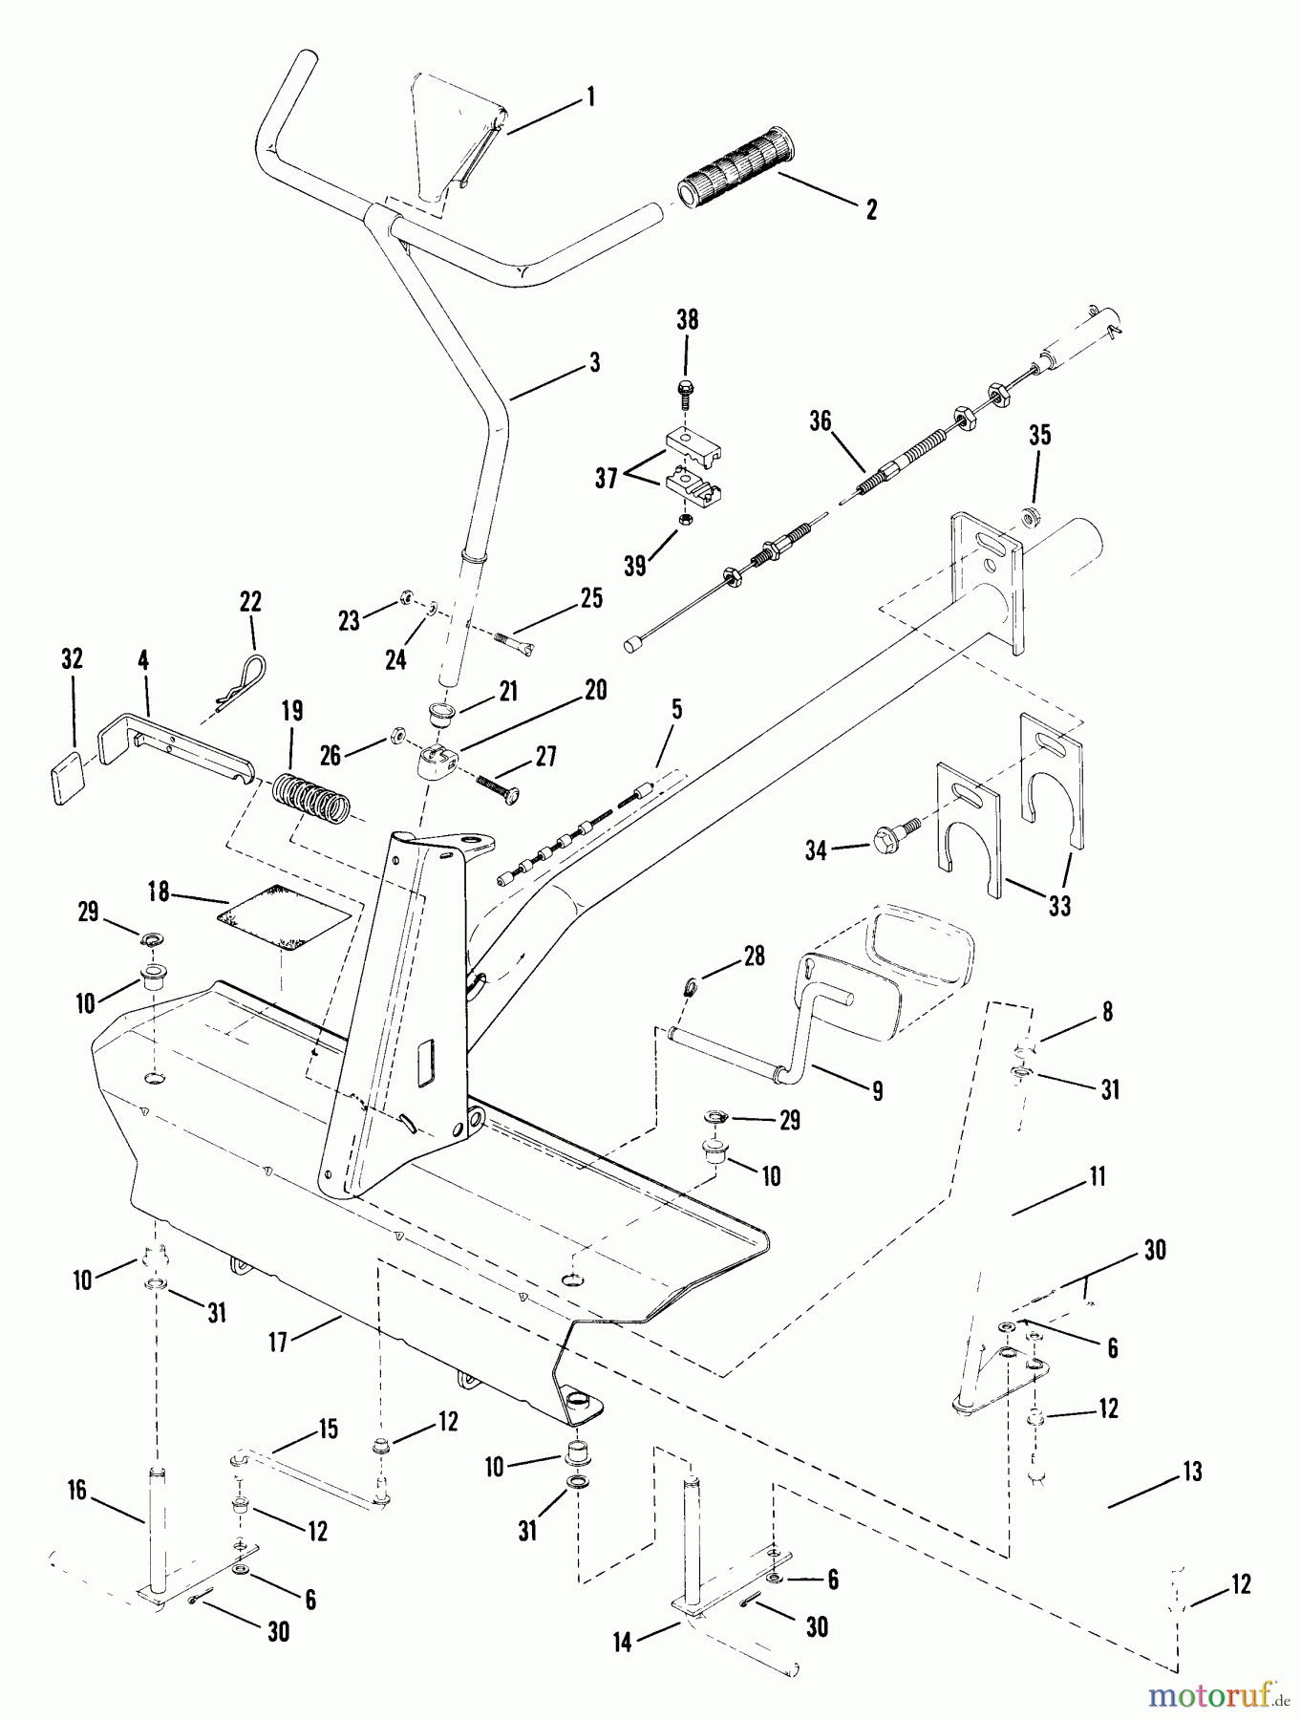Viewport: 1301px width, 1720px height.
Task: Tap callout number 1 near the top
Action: [590, 97]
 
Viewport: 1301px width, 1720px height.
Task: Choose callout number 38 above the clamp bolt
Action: [687, 320]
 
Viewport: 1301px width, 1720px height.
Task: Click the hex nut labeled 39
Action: [685, 519]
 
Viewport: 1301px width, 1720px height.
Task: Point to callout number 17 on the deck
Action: [278, 1343]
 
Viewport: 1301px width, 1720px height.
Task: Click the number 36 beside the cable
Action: [820, 421]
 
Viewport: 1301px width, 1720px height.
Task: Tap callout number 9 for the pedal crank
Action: [876, 1090]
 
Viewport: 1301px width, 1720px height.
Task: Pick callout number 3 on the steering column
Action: [594, 364]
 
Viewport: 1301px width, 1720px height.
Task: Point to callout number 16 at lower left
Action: [76, 1490]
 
